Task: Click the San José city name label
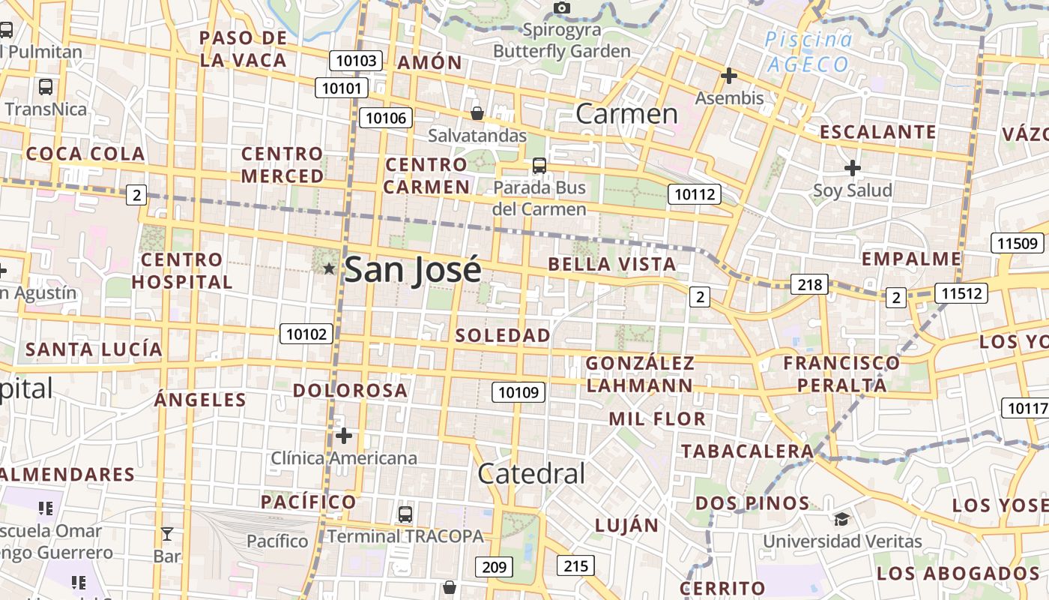point(412,270)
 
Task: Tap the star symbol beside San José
point(328,268)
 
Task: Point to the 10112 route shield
point(695,194)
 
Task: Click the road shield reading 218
point(809,284)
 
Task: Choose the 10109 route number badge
point(519,391)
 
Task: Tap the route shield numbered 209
point(495,566)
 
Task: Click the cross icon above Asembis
point(728,76)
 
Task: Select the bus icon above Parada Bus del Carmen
point(539,166)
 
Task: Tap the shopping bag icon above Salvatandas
point(477,113)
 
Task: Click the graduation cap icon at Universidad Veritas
point(841,519)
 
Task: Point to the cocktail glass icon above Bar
point(166,534)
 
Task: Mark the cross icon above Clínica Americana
point(344,435)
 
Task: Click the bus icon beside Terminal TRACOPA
point(405,514)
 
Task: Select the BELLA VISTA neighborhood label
point(612,264)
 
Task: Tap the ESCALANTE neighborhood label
point(878,132)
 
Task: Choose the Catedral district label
point(531,473)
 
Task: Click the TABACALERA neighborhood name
point(747,451)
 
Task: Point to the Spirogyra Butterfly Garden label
point(562,40)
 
